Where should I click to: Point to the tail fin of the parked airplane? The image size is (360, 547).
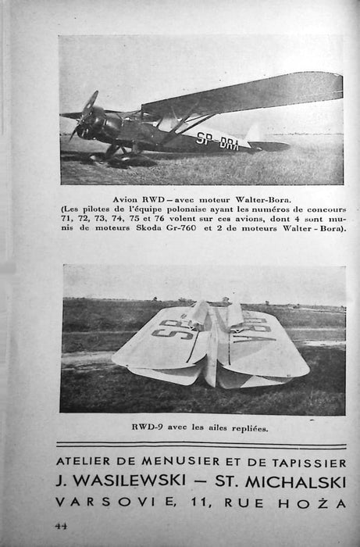pos(254,133)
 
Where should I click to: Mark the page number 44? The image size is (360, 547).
pos(61,526)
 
